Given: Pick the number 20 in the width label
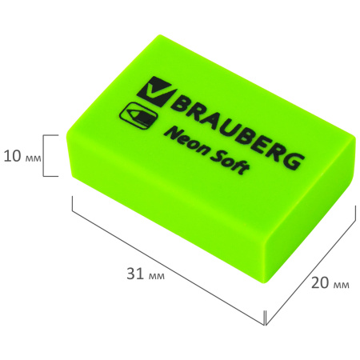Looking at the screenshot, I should [x=318, y=282].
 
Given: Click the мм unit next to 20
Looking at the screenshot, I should [x=339, y=282].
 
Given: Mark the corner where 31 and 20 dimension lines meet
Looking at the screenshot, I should [x=265, y=325].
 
